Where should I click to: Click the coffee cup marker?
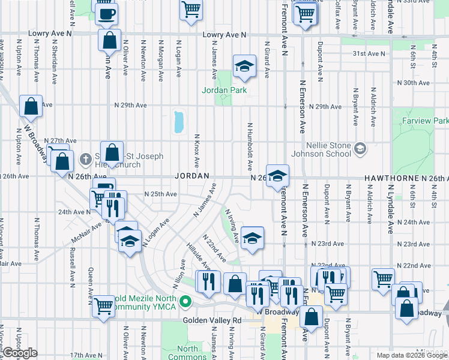click(x=107, y=14)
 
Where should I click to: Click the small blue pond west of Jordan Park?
click(x=178, y=122)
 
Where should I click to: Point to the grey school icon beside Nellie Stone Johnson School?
click(x=360, y=148)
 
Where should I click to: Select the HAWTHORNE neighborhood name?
click(x=391, y=178)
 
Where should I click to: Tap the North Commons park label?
click(x=188, y=353)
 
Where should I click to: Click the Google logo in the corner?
click(x=20, y=353)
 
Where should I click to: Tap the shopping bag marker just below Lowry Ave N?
click(x=110, y=41)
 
